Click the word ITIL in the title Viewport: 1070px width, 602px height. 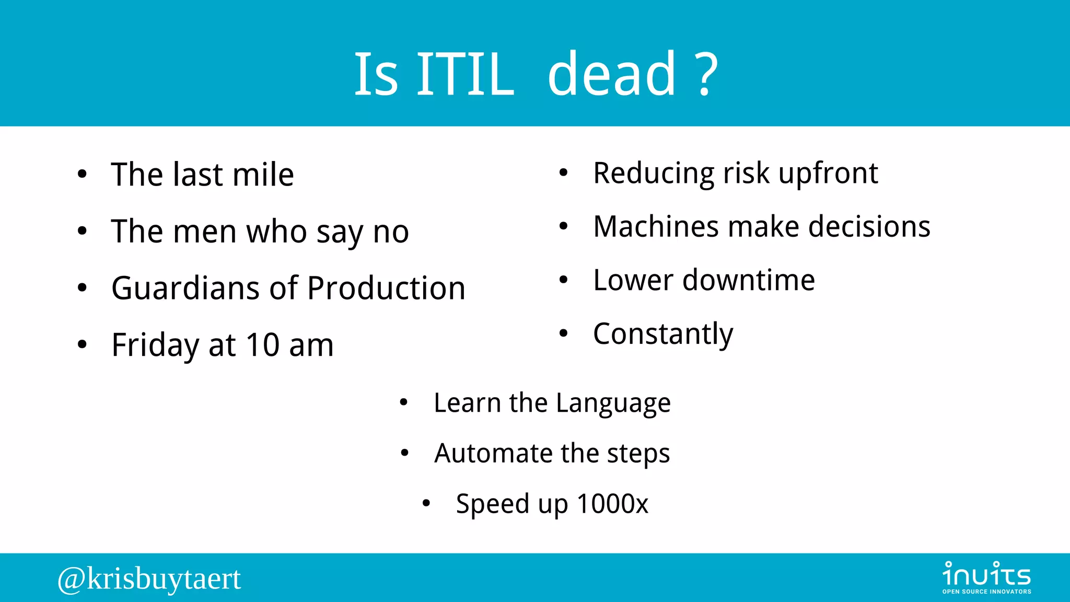(x=464, y=74)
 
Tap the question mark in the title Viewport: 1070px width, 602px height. (x=707, y=74)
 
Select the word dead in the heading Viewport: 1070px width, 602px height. (x=612, y=74)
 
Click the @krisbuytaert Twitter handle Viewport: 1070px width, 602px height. (x=149, y=579)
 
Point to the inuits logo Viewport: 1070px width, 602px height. (x=986, y=577)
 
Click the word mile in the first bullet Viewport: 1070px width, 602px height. (x=263, y=175)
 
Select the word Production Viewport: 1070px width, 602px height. (x=386, y=288)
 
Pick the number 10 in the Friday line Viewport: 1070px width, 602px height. (x=263, y=345)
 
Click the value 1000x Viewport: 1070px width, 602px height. (x=612, y=504)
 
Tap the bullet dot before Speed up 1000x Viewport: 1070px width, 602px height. (x=426, y=503)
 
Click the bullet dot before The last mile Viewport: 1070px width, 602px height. (x=82, y=175)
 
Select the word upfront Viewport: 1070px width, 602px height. (x=828, y=174)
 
